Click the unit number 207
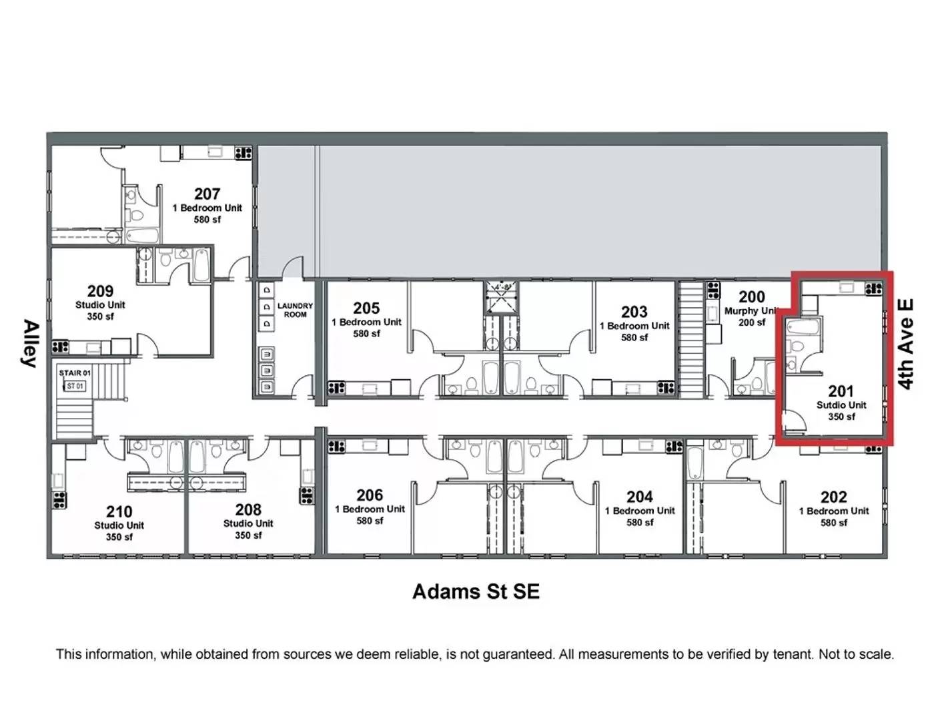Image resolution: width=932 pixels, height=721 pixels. [x=207, y=194]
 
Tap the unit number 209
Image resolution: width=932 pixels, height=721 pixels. [x=100, y=291]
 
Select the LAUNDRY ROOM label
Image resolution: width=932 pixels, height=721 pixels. [x=295, y=310]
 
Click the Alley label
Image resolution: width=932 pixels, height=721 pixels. [x=30, y=343]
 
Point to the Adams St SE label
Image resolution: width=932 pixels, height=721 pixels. [x=476, y=591]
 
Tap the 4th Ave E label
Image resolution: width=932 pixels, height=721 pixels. [x=906, y=344]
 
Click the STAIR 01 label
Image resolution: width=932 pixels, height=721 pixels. [x=75, y=373]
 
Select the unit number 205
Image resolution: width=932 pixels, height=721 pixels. [x=367, y=308]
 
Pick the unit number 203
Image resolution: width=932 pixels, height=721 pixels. [x=634, y=312]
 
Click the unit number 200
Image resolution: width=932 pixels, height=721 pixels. [x=752, y=297]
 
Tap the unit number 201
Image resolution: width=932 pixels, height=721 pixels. [x=841, y=391]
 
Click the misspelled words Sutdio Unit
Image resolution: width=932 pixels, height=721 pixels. [x=841, y=405]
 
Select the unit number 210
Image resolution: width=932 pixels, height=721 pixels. [x=119, y=512]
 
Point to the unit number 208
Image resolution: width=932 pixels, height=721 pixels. [x=248, y=510]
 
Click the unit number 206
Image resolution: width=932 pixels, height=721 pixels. [x=370, y=495]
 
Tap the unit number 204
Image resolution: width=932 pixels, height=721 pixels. [x=640, y=497]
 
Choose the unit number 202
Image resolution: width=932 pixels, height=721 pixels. [x=834, y=497]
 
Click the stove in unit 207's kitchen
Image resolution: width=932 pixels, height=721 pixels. [x=244, y=154]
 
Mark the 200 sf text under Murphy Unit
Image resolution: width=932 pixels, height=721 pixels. [x=752, y=322]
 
